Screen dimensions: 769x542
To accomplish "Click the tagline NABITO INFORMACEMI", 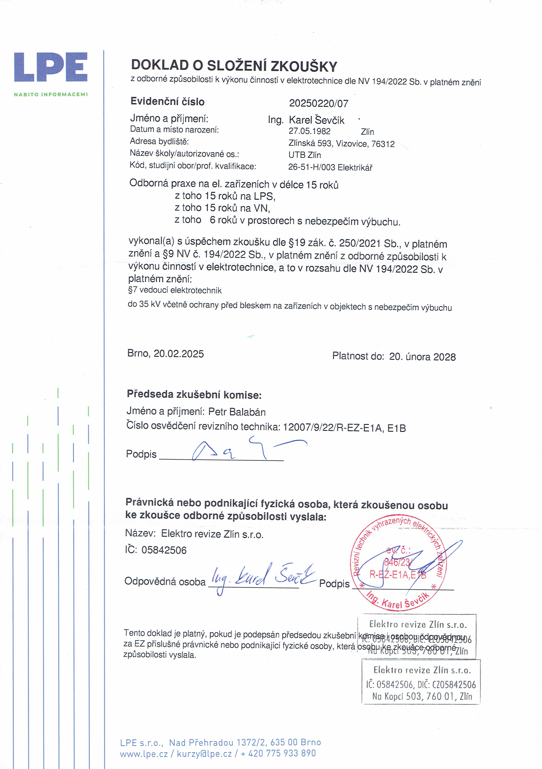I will pos(51,94).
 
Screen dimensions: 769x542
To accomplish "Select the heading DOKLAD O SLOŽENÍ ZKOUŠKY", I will pos(234,66).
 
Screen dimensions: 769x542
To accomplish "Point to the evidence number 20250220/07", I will pos(318,104).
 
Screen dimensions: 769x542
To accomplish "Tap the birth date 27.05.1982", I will pos(310,131).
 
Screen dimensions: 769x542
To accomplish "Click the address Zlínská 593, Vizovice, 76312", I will pos(341,144).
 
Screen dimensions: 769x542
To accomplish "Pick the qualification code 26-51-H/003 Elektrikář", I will pos(330,167).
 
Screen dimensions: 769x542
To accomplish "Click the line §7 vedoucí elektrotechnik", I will pos(175,290).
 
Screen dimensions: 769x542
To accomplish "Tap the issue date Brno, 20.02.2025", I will pos(165,354).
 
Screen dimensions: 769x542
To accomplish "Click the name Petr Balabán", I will pos(237,412).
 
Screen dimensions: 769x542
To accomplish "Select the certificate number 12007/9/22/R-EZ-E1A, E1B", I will pos(344,428).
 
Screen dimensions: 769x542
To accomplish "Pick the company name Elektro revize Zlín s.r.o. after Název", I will pos(212,534).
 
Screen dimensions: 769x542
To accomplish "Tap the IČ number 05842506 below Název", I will pos(164,550).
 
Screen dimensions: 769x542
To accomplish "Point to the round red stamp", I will pos(398,564).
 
